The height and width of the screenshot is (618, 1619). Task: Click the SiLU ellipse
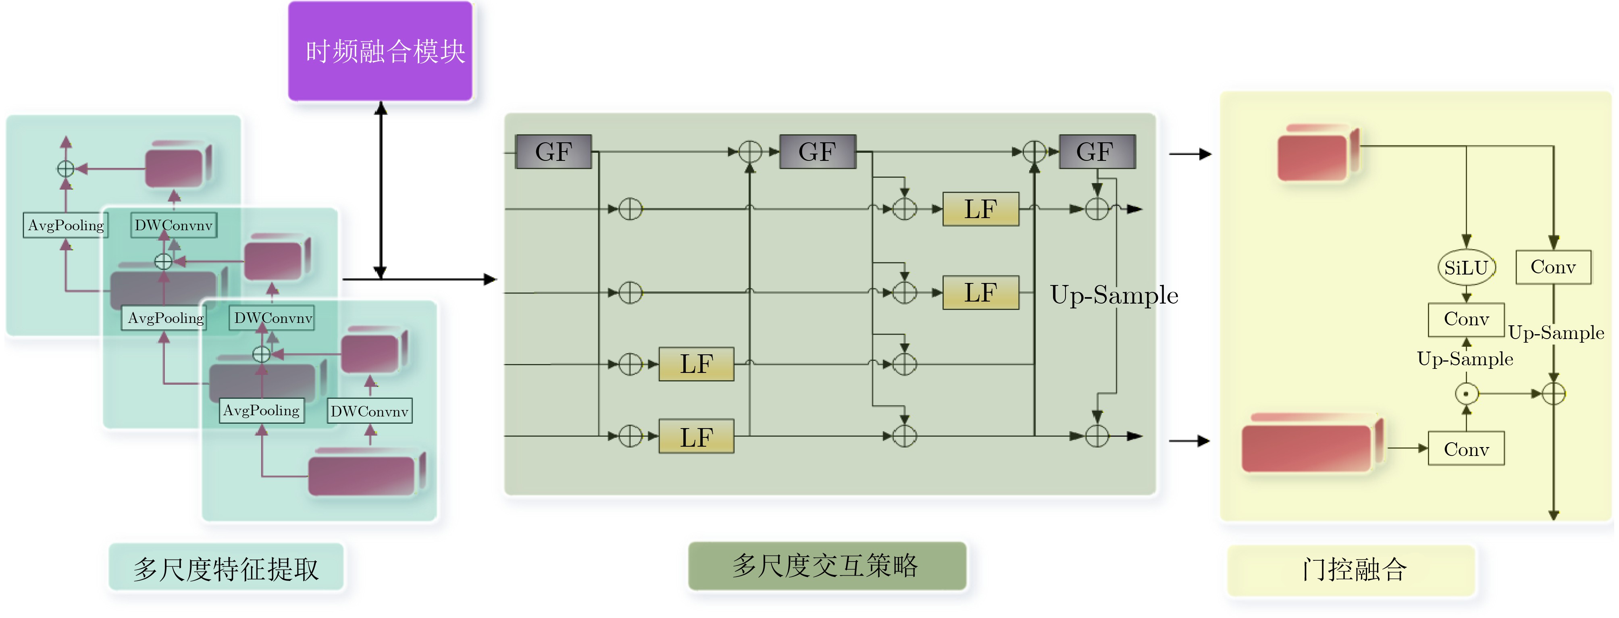[x=1466, y=268]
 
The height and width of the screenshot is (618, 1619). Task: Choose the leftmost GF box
[x=553, y=152]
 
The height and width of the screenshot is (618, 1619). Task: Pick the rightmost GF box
[x=1097, y=152]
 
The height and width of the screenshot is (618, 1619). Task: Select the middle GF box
[x=817, y=152]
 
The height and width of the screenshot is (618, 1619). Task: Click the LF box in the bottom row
[x=696, y=436]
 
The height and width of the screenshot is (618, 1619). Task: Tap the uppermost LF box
[x=980, y=209]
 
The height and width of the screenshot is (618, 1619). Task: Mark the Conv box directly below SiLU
[x=1466, y=319]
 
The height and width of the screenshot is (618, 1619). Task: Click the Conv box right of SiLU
[x=1553, y=267]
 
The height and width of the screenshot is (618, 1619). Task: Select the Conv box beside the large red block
[x=1466, y=449]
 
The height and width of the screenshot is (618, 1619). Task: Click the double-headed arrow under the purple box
[x=380, y=189]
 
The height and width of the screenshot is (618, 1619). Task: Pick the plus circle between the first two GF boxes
[x=750, y=152]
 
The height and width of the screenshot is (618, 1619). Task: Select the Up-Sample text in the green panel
[x=1114, y=295]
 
